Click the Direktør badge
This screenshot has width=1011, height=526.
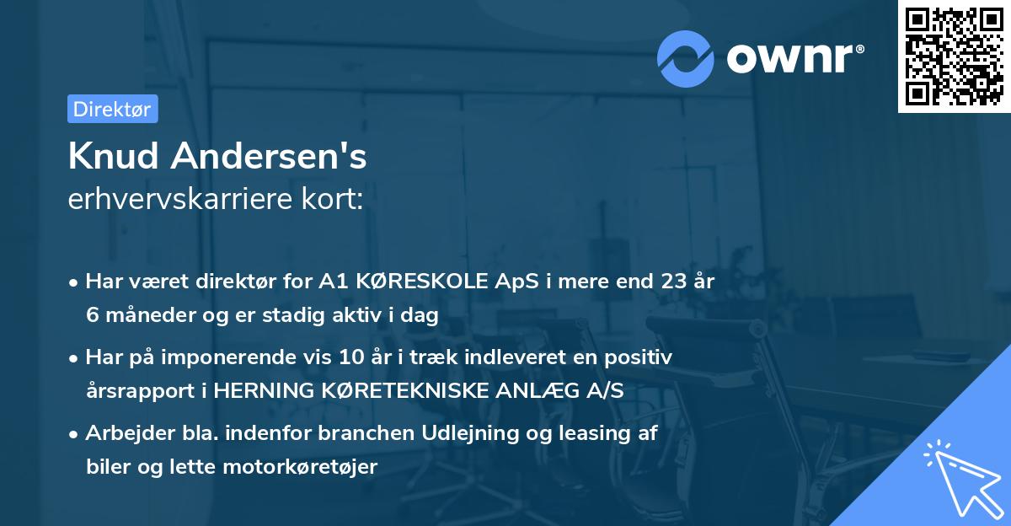pyautogui.click(x=112, y=109)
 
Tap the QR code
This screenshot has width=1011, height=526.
pyautogui.click(x=954, y=56)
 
